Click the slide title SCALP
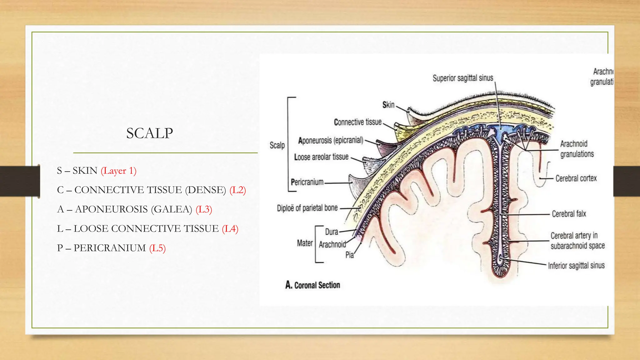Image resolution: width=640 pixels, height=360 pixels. [x=149, y=133]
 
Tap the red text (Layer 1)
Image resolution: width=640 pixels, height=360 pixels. [x=118, y=171]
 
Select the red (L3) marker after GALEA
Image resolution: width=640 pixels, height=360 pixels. [x=204, y=209]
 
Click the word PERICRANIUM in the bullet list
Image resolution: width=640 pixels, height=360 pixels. [x=110, y=248]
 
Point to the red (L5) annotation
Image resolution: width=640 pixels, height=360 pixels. [x=157, y=248]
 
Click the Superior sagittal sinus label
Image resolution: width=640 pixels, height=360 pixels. [x=462, y=78]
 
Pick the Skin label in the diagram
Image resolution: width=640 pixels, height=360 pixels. [x=388, y=105]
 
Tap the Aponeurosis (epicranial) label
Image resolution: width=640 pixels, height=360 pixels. [x=331, y=140]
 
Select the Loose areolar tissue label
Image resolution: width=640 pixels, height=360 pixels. [x=321, y=157]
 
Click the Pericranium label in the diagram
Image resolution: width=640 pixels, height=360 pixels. [x=307, y=182]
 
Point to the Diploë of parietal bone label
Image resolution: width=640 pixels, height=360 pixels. [x=307, y=208]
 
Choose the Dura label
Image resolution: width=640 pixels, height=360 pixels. [x=332, y=232]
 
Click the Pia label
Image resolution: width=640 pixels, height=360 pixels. [x=349, y=255]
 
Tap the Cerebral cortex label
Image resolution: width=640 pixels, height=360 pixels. [x=576, y=178]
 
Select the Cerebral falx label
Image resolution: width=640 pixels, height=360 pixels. [x=569, y=214]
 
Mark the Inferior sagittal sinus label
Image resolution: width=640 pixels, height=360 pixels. [x=576, y=266]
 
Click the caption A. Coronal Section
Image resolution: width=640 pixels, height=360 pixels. [x=312, y=285]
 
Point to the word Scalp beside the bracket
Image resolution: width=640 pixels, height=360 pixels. [x=277, y=145]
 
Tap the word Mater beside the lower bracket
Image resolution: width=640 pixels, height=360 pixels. [x=305, y=243]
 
